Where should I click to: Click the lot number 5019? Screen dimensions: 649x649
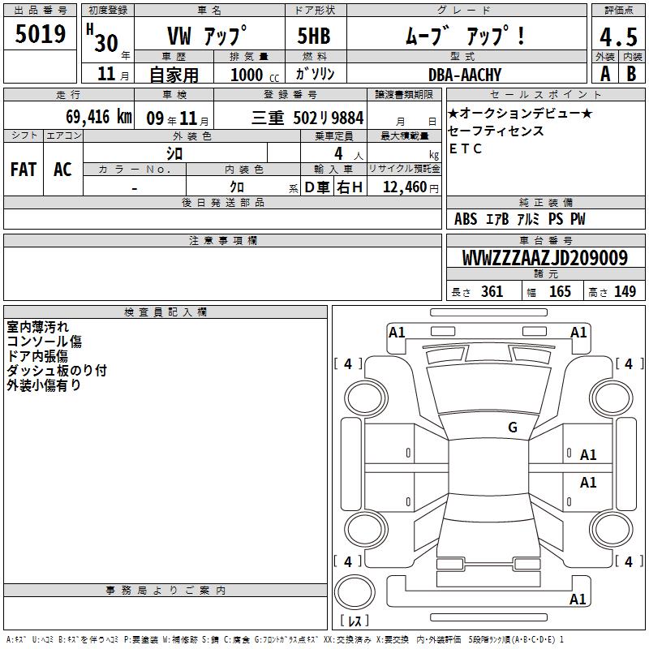coord(40,34)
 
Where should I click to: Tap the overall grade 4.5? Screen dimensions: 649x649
coord(618,37)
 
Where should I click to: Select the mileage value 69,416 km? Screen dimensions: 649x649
coord(99,117)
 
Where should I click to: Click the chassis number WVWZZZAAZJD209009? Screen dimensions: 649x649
coord(544,258)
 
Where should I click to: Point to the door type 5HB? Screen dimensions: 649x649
coord(314,36)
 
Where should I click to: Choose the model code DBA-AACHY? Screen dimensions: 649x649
coord(464,75)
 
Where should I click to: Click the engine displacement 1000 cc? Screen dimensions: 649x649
coord(255,75)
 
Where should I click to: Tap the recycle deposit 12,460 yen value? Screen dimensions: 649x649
coord(410,187)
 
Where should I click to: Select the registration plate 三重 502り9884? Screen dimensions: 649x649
coord(307,118)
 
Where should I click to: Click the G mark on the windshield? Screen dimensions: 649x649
coord(513,428)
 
